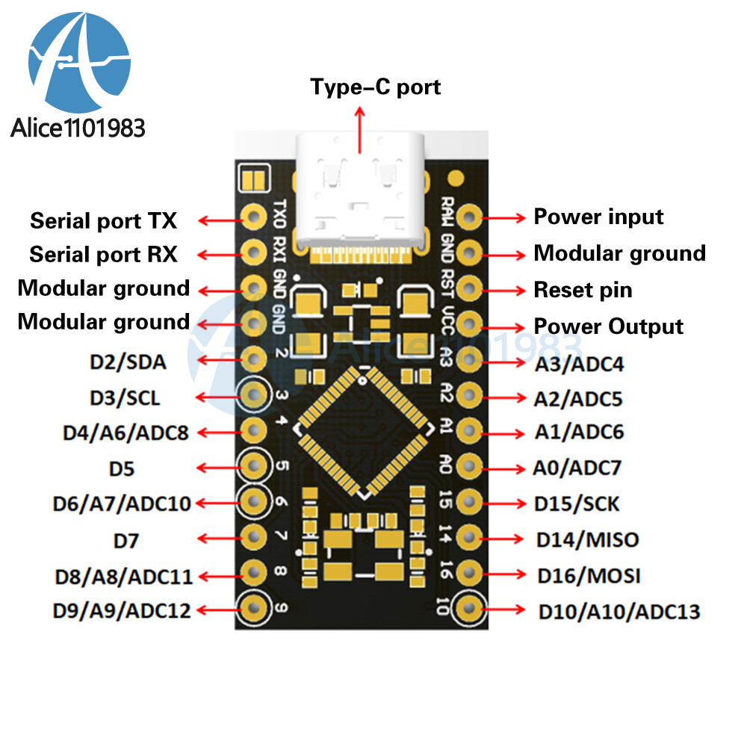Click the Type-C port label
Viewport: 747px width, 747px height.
tap(376, 87)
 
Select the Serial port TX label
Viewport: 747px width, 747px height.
tap(104, 221)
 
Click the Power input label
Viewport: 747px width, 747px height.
tap(598, 217)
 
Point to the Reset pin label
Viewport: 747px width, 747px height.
tap(583, 290)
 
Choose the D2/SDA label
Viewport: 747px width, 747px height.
tap(128, 363)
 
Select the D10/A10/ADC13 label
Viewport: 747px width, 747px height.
tap(619, 613)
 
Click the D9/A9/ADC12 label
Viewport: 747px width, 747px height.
tap(122, 610)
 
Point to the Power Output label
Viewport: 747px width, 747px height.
tap(608, 326)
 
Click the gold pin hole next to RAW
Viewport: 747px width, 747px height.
tap(468, 217)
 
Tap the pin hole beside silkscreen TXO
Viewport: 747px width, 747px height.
tap(254, 217)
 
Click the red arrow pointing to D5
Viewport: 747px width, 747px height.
tap(216, 468)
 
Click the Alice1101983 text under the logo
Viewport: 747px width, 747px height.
tap(78, 128)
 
